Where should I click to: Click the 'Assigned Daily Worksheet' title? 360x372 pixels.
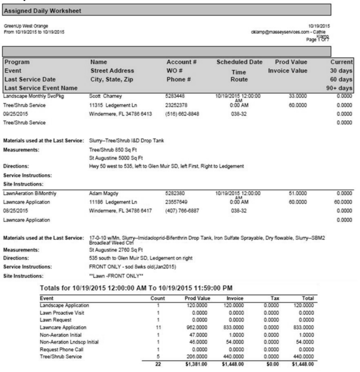pyautogui.click(x=41, y=10)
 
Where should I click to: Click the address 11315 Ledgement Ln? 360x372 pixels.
pyautogui.click(x=114, y=104)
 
